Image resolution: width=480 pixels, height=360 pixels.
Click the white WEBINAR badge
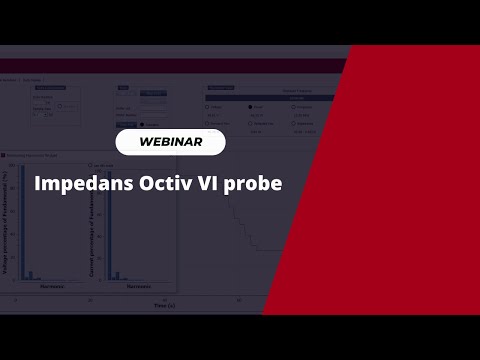(x=170, y=142)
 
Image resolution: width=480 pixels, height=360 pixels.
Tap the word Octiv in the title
(x=166, y=184)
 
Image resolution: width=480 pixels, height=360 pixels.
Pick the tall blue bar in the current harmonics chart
(x=108, y=220)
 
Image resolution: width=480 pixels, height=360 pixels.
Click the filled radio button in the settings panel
(x=250, y=105)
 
